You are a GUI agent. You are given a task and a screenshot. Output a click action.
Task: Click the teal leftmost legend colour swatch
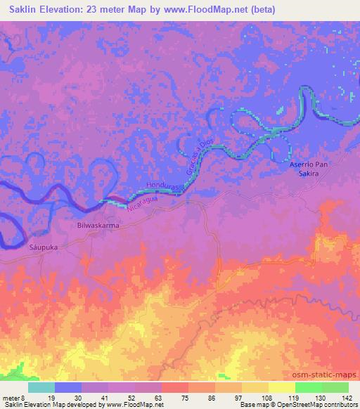[x=41, y=387]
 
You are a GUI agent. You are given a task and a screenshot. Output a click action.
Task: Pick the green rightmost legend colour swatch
[x=335, y=387]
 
